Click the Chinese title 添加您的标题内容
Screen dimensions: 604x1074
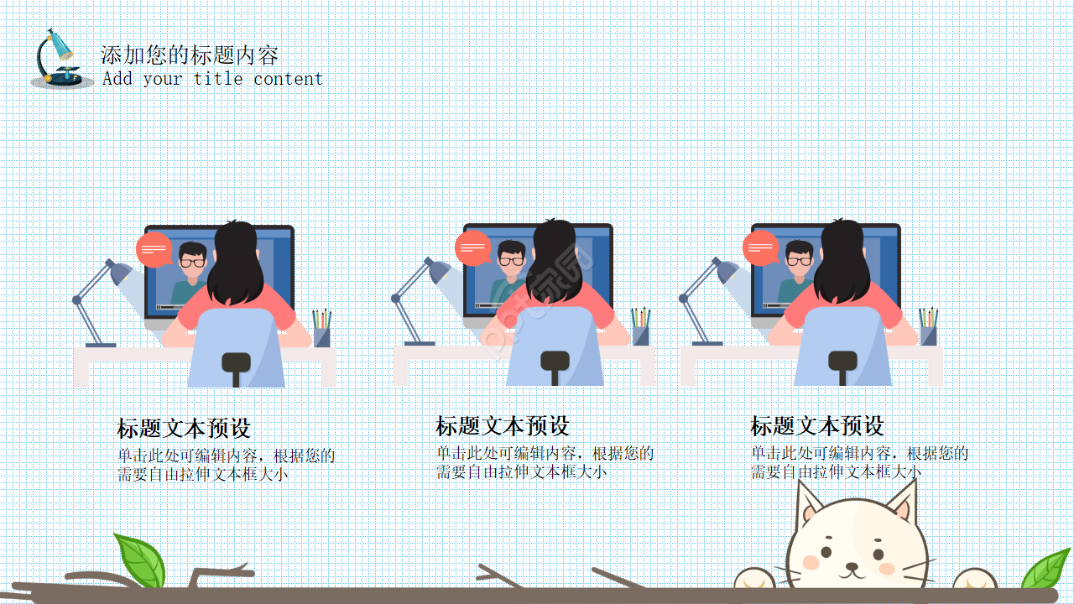[190, 55]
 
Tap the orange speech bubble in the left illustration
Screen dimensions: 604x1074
[154, 249]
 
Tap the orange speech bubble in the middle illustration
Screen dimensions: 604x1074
[473, 247]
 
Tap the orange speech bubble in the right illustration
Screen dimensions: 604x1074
[760, 247]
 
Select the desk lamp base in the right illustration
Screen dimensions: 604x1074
[707, 342]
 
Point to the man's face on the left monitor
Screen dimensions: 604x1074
[192, 259]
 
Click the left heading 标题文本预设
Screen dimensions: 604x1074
[184, 429]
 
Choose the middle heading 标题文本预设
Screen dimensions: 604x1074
[502, 426]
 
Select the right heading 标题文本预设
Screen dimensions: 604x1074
[816, 426]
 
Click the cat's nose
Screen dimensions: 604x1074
[853, 565]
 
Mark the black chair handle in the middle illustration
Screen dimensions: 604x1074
[555, 362]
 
